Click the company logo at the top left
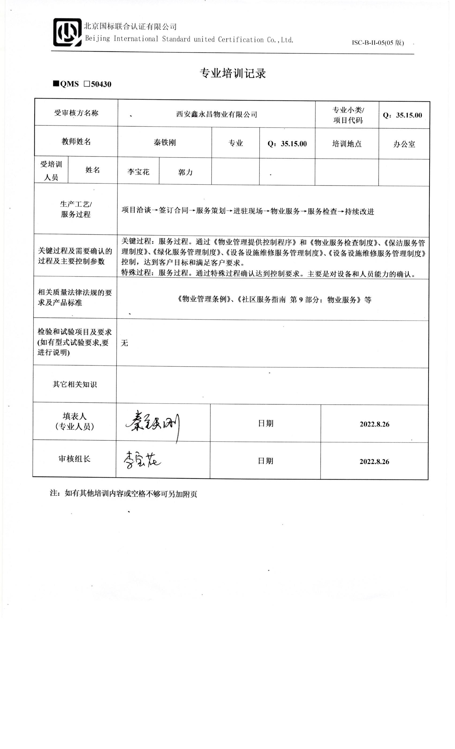tap(67, 32)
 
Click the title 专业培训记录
tap(233, 73)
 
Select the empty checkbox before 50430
tap(87, 84)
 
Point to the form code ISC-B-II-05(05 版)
tap(378, 43)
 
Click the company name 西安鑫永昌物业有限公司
tap(217, 114)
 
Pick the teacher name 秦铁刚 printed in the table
tap(165, 143)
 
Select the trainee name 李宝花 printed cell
tap(138, 172)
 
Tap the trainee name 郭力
tap(185, 172)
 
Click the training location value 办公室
tap(404, 144)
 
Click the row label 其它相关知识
tap(75, 384)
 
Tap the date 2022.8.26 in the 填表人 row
tap(374, 424)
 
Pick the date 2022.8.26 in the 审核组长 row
tap(374, 461)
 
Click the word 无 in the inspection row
tap(124, 343)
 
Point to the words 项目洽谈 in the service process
tap(136, 210)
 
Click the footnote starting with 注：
tap(123, 494)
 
